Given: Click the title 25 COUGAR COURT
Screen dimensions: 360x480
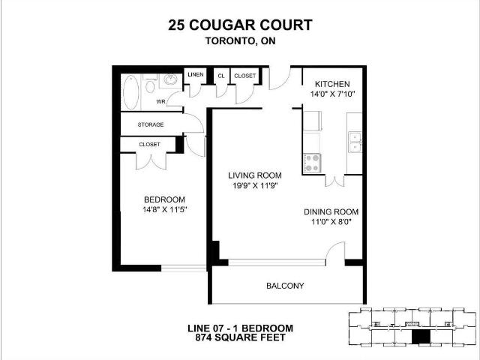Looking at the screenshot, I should coord(240,26).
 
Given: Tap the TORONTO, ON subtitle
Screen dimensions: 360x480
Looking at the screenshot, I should coord(240,42).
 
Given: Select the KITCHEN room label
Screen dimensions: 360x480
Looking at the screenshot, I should coord(332,82).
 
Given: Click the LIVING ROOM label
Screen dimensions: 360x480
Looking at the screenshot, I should coord(253,175).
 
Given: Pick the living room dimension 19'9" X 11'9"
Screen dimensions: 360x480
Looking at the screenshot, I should coord(253,186).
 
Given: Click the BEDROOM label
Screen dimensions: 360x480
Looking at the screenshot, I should coord(164,199).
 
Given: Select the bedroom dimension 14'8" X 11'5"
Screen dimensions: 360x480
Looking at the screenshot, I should coord(164,209).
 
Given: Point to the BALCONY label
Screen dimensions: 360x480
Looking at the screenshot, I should coord(285,286).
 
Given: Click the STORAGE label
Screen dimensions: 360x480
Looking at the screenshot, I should coord(151,124).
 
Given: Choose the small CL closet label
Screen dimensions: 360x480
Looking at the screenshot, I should coord(221,76).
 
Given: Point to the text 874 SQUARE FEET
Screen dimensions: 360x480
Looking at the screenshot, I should coord(240,339).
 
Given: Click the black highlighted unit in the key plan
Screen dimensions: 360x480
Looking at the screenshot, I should coord(421,337).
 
